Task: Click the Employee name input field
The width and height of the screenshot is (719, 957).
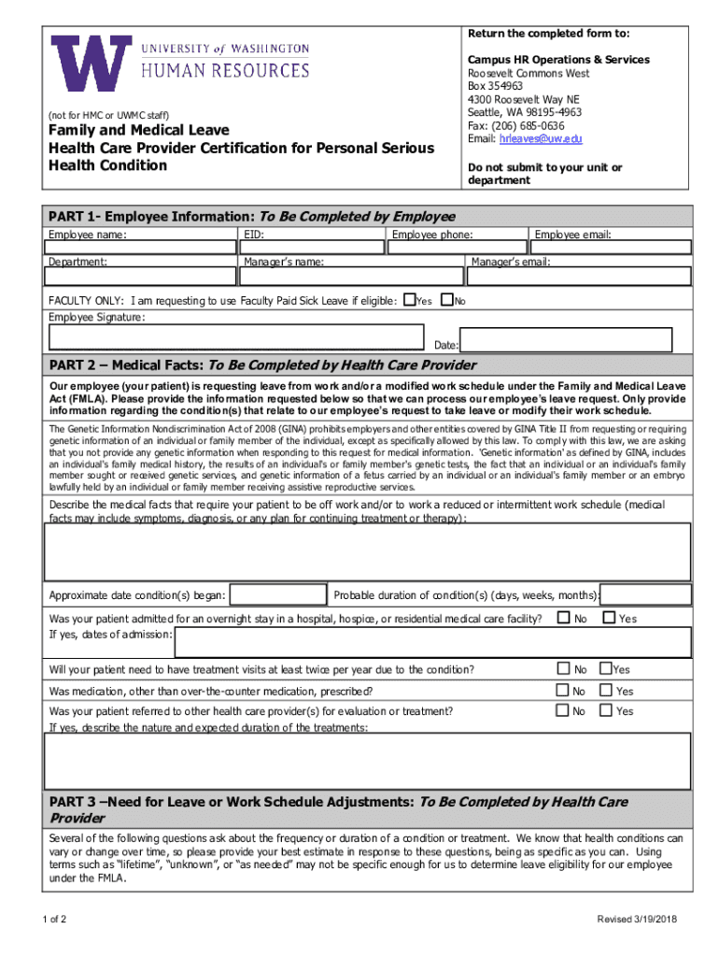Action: click(142, 247)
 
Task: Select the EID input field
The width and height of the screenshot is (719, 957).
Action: click(313, 247)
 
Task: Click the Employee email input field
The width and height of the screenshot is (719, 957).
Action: click(611, 247)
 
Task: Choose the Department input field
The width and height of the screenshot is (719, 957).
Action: click(142, 277)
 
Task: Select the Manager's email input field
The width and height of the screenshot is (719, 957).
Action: click(580, 277)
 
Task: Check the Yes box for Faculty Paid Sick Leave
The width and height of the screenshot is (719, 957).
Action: click(408, 300)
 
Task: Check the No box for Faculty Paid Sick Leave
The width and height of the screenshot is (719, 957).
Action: click(446, 300)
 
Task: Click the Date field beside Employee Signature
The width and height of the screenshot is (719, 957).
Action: click(566, 340)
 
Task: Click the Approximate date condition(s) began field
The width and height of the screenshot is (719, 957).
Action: click(277, 595)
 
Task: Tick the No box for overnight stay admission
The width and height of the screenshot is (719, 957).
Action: click(563, 617)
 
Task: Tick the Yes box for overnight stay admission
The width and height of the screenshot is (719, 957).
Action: click(609, 617)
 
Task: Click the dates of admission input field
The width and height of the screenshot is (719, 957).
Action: click(432, 642)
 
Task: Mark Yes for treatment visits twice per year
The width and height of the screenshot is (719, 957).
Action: click(606, 668)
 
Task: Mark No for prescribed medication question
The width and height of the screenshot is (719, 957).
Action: click(563, 690)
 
